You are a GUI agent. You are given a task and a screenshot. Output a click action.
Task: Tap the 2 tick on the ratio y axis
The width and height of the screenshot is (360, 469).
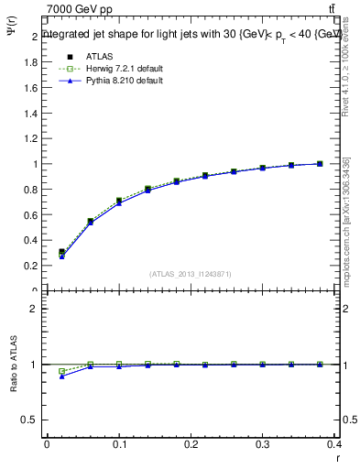point(33,309)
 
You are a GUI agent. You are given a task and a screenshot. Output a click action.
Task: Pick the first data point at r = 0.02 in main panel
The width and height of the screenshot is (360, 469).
point(61,252)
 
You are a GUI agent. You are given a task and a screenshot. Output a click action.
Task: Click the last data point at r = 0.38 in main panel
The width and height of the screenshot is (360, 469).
point(320,164)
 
